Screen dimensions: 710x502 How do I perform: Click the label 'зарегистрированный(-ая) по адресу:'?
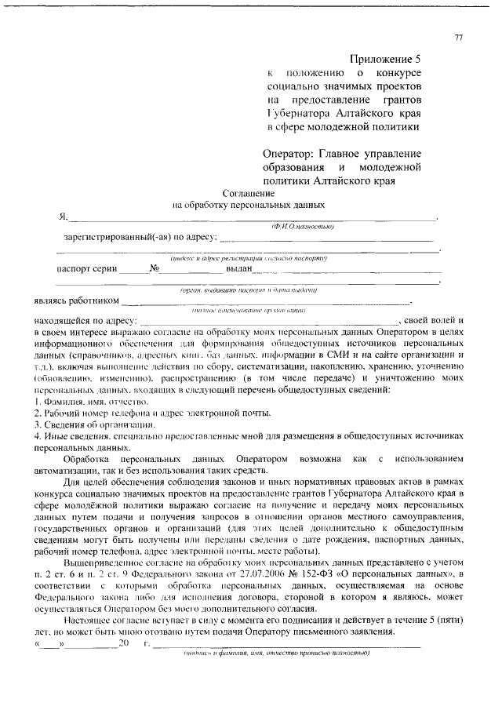(x=134, y=235)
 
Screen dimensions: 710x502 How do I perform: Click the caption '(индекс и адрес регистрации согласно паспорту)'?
(x=247, y=257)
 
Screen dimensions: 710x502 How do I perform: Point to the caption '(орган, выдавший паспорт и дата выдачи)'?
(x=247, y=289)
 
